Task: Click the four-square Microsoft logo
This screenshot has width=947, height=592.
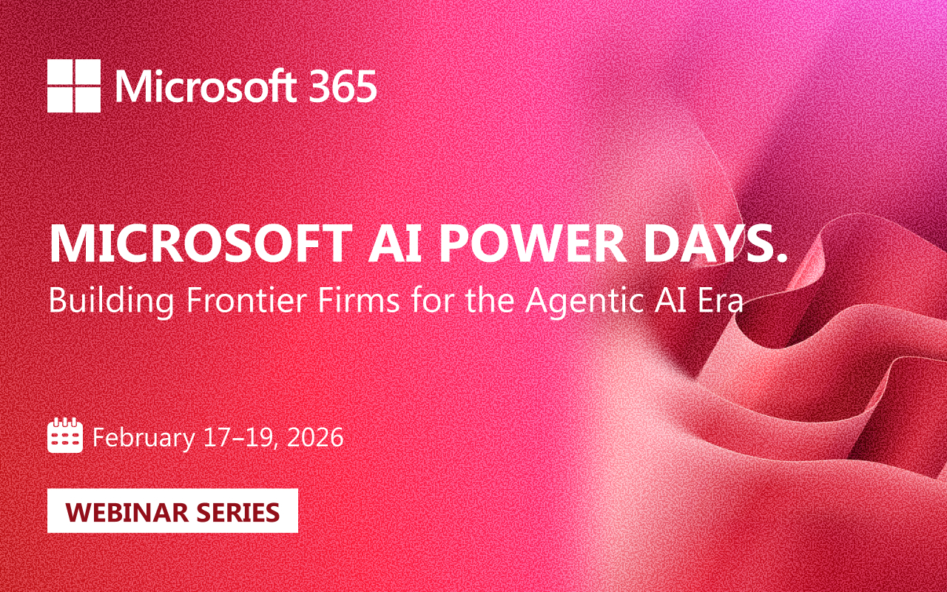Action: (x=74, y=86)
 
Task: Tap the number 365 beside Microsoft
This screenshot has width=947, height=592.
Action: (x=343, y=87)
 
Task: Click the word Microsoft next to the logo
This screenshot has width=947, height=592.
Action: (x=206, y=86)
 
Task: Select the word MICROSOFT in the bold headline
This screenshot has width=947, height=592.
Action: (x=200, y=244)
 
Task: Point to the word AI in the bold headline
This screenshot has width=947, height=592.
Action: (x=395, y=244)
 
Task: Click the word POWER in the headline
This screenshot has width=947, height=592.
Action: (x=533, y=244)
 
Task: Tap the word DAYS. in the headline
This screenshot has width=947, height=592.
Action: (x=715, y=244)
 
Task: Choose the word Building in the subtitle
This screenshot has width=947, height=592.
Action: (x=111, y=301)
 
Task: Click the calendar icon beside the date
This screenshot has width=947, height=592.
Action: (x=64, y=435)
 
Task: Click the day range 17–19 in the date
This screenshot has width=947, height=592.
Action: (x=240, y=437)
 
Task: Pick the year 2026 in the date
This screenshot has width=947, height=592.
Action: (x=315, y=437)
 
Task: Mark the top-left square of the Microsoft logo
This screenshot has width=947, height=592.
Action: (x=60, y=72)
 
